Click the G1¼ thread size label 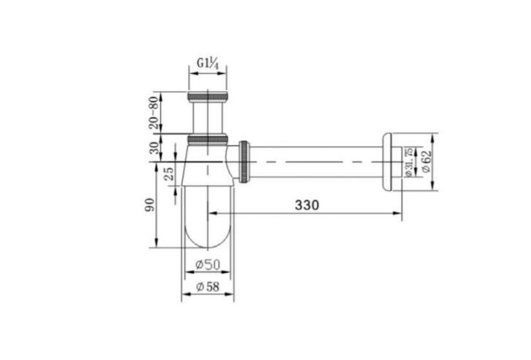click(x=208, y=64)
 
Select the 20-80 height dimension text click(x=154, y=113)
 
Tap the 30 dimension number click(x=154, y=148)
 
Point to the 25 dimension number click(x=169, y=173)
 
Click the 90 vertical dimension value click(x=149, y=205)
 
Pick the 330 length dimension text click(x=306, y=205)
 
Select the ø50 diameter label click(x=208, y=264)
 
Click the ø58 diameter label click(x=208, y=287)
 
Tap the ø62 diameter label click(x=426, y=162)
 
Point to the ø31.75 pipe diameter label click(x=409, y=162)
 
